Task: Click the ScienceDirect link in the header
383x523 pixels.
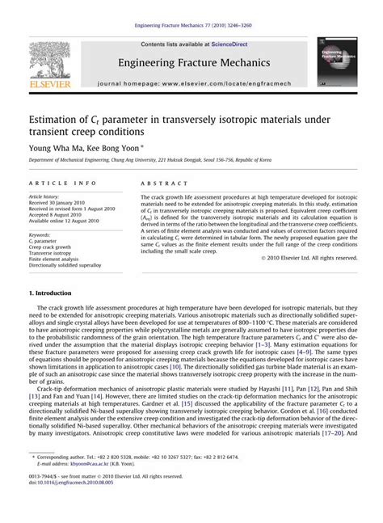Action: point(213,44)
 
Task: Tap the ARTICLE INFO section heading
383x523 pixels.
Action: point(63,183)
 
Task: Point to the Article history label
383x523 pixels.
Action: point(48,196)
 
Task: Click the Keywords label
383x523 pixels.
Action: point(40,234)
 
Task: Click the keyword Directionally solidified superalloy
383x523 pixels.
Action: point(65,265)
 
